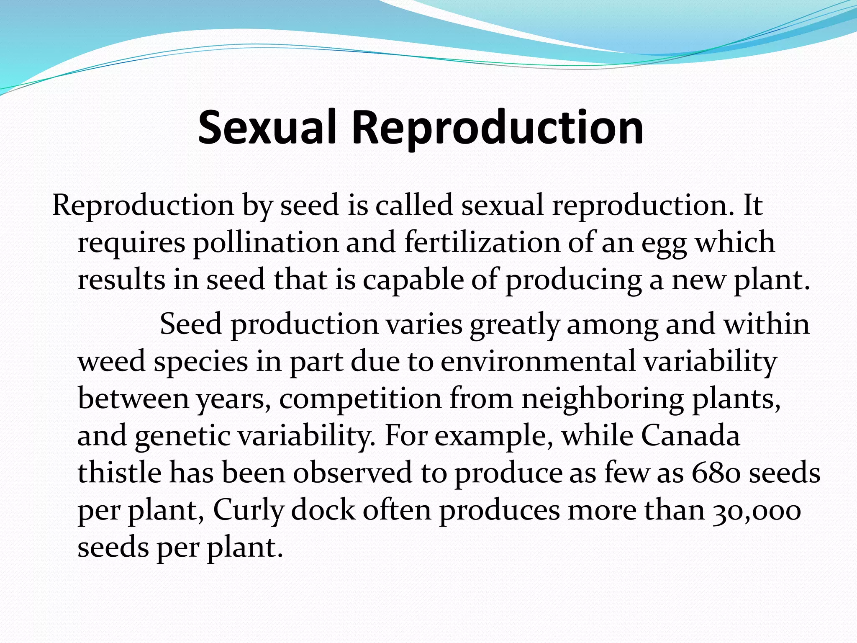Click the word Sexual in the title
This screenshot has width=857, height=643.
tap(267, 128)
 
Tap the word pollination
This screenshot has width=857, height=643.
tap(265, 243)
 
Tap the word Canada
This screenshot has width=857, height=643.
tap(690, 436)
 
